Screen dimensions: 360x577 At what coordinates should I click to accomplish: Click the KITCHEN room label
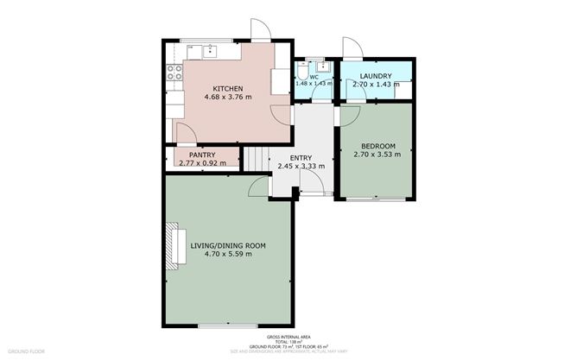(227, 89)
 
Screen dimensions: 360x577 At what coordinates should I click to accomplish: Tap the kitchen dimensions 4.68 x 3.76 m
(227, 98)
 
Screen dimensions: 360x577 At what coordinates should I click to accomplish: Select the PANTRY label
(201, 155)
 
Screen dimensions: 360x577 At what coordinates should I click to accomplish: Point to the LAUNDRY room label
(375, 76)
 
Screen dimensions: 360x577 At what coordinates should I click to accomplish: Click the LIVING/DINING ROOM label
(227, 245)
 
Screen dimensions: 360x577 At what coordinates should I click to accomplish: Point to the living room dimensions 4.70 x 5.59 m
(227, 254)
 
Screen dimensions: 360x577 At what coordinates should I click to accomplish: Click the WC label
(314, 76)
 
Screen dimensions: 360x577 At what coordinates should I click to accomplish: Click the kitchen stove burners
(172, 73)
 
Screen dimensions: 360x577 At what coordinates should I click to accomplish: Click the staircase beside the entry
(255, 160)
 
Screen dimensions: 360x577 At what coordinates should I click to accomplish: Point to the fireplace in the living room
(172, 247)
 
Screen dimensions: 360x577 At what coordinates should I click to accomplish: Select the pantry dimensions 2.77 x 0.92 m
(201, 163)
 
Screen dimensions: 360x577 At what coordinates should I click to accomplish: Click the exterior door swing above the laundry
(350, 47)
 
